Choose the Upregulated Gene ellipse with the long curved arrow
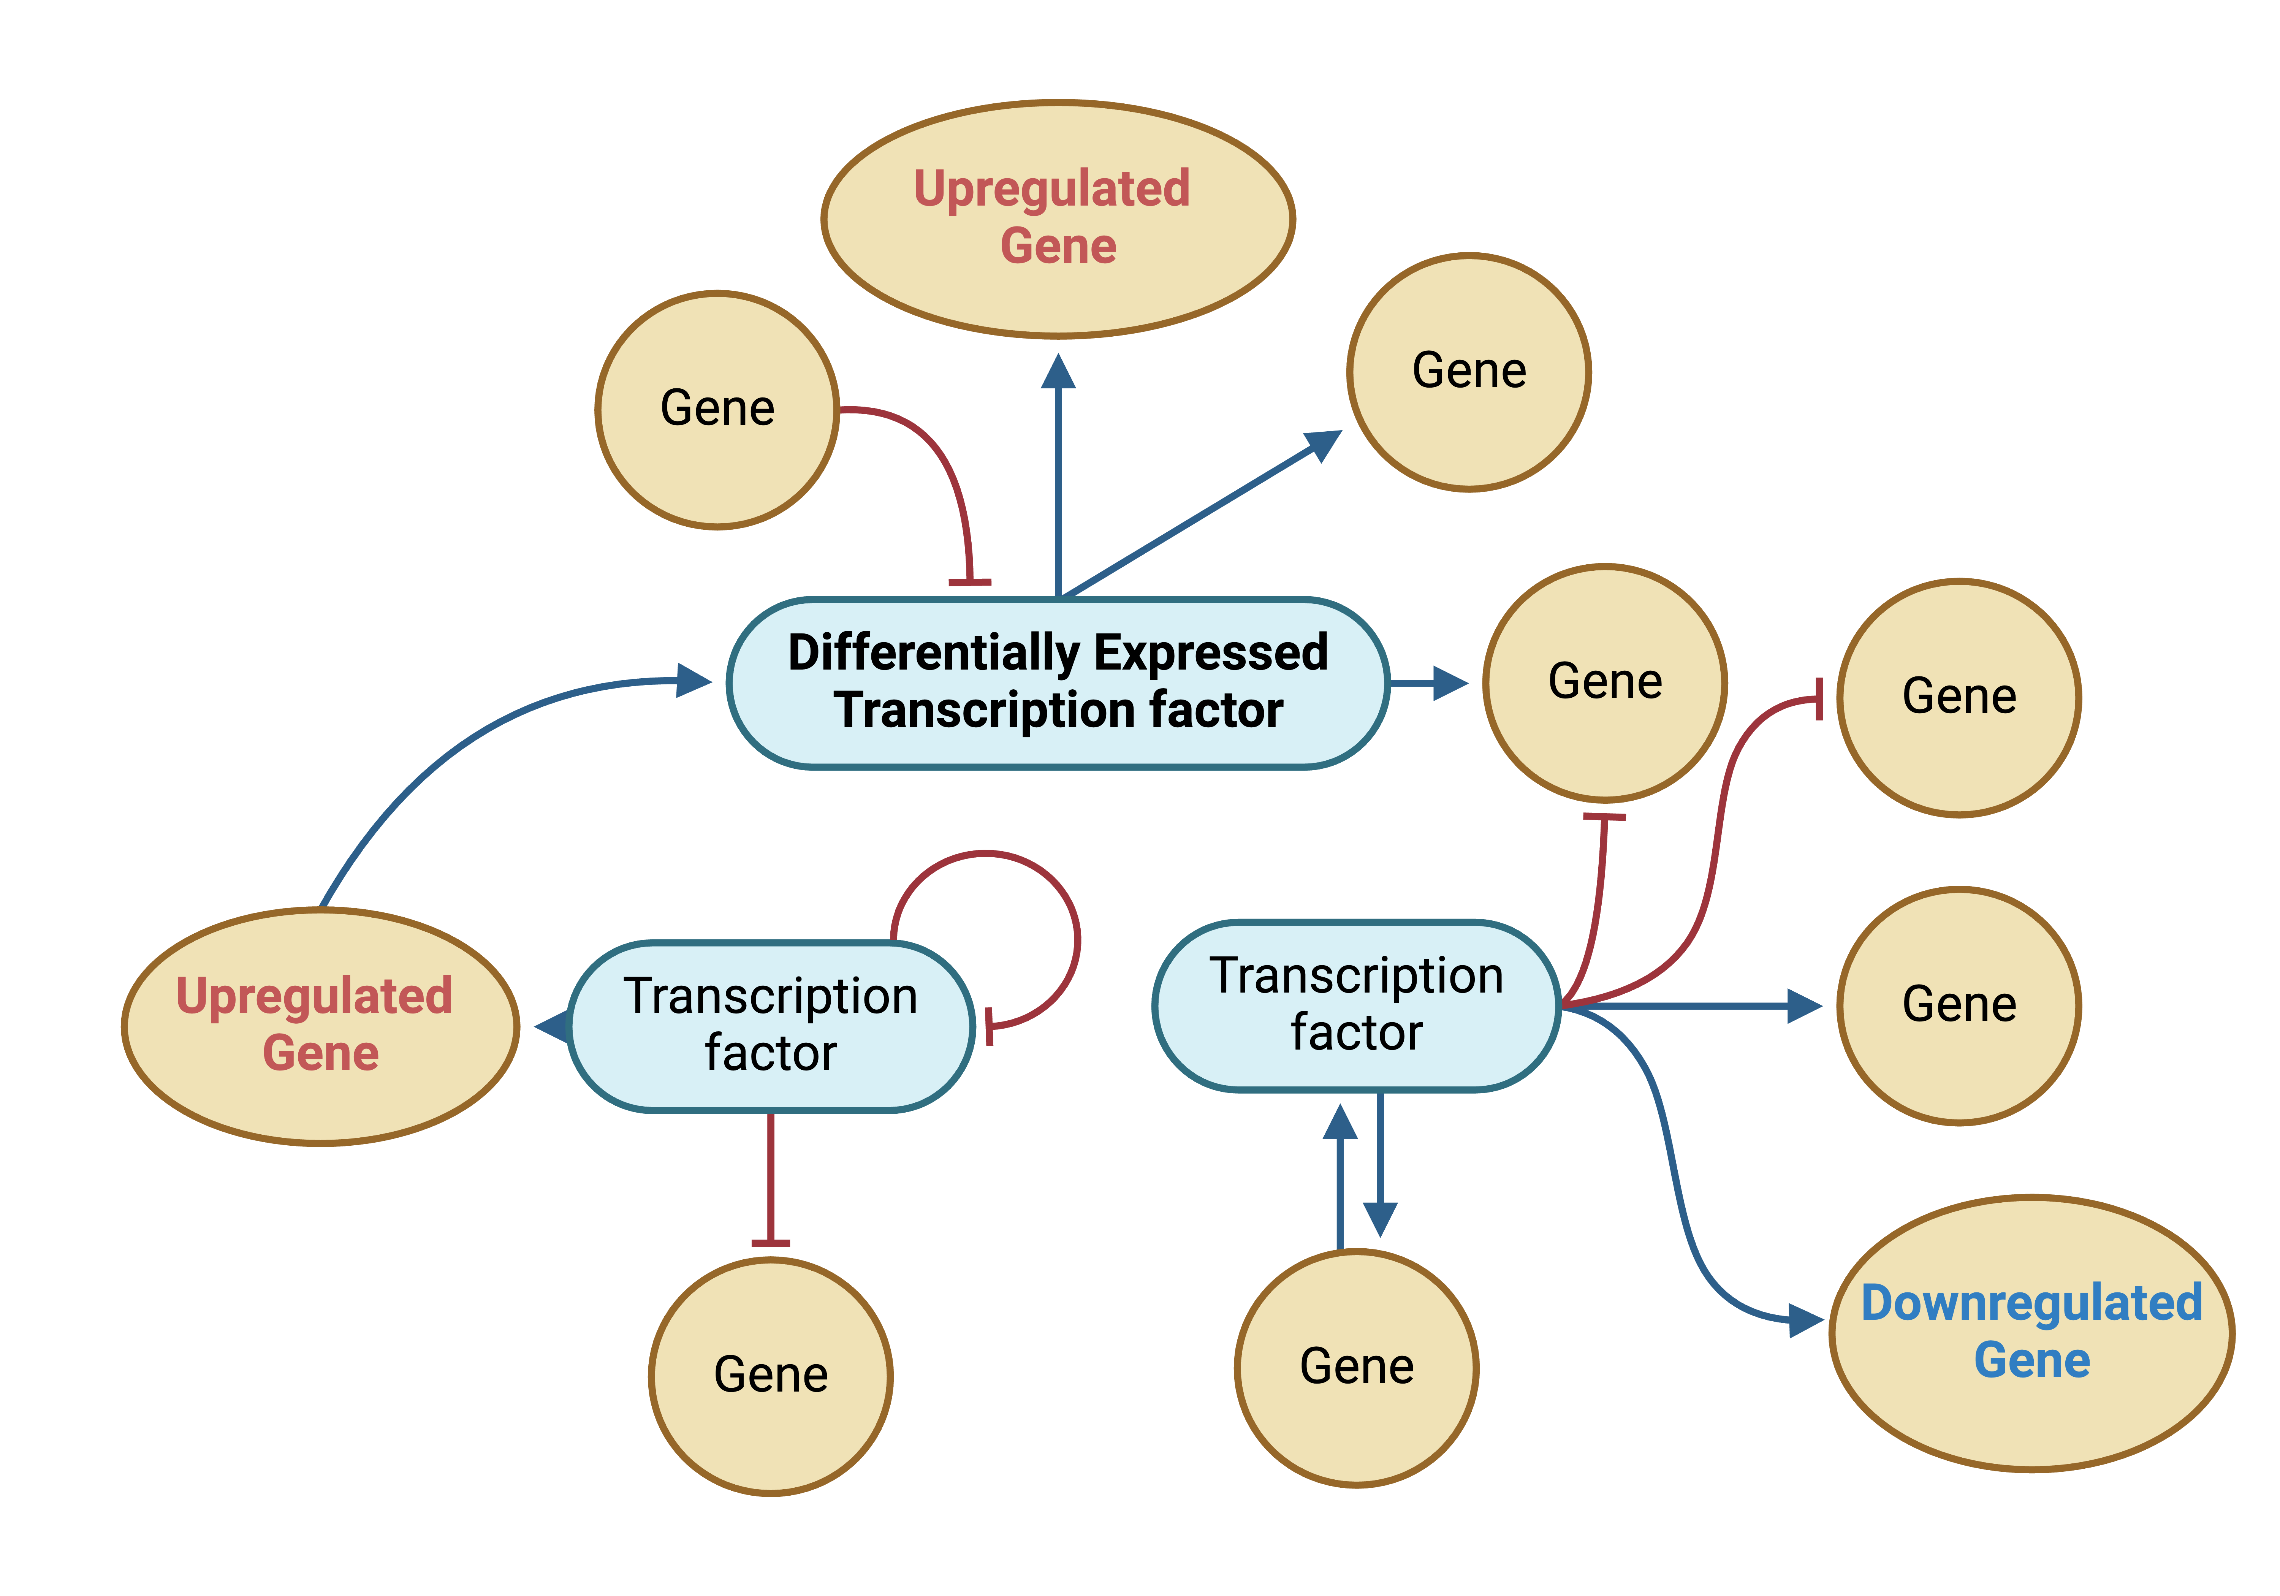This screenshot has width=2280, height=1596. pyautogui.click(x=320, y=1092)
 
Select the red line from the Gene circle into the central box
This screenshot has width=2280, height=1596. pyautogui.click(x=944, y=467)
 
